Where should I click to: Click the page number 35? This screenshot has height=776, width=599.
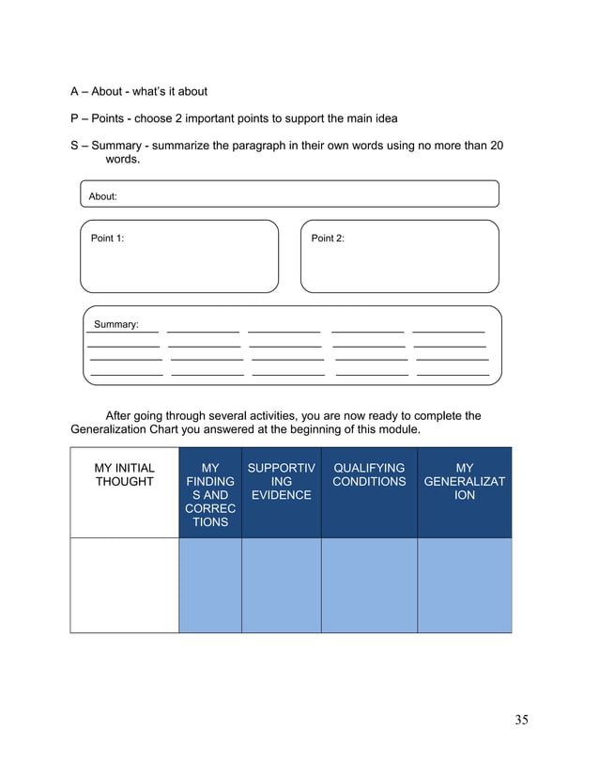click(521, 720)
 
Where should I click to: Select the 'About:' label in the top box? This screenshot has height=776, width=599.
click(102, 196)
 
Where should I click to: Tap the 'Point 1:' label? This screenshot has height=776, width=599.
click(107, 238)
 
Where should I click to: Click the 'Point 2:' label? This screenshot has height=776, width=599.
click(328, 238)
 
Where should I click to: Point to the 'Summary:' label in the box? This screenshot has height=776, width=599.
click(115, 324)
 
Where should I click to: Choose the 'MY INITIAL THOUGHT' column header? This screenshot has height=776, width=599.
click(124, 474)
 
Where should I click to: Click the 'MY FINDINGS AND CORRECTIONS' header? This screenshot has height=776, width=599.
click(210, 494)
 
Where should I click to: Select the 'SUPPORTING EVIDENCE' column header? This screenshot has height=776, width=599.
click(281, 481)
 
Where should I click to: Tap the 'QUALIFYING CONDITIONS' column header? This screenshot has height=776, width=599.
click(369, 474)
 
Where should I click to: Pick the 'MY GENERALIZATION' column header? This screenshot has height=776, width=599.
click(464, 481)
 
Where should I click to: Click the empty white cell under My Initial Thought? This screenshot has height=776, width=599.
click(124, 584)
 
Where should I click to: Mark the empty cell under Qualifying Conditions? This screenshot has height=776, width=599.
click(369, 584)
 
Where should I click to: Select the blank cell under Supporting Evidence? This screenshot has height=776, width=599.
click(281, 584)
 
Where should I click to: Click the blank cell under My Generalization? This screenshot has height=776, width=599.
click(464, 584)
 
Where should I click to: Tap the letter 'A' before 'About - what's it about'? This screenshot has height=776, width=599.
click(74, 92)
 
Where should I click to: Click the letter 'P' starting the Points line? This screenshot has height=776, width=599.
click(74, 118)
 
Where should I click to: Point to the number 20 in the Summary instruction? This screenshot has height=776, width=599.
click(497, 146)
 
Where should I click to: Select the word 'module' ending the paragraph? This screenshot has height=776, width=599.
click(396, 429)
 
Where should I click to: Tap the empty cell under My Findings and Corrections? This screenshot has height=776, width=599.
click(210, 584)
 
